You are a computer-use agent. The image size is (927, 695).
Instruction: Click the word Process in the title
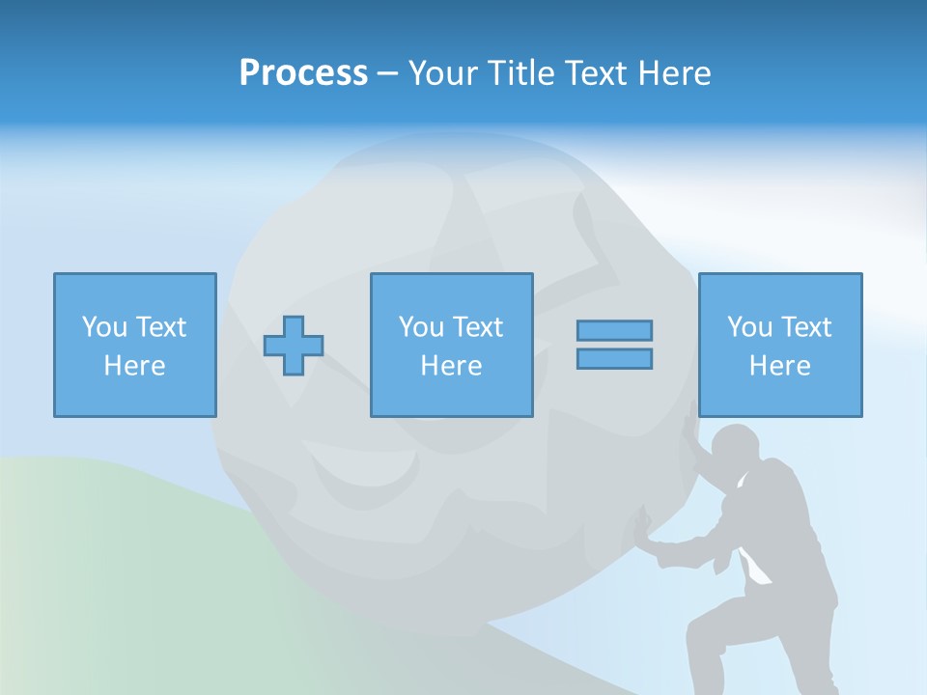click(x=303, y=73)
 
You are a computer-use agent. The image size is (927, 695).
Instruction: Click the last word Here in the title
click(x=676, y=73)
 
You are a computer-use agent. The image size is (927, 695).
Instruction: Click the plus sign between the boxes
click(x=294, y=346)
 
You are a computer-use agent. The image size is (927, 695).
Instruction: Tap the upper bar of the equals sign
click(x=614, y=330)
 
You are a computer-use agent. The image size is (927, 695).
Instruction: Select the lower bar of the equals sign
click(x=614, y=358)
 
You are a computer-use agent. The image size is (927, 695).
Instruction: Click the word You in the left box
click(x=104, y=327)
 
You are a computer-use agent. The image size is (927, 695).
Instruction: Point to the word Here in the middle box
click(x=451, y=366)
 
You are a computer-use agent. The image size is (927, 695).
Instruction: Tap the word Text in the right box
click(x=806, y=327)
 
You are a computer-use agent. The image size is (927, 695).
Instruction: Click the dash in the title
click(x=388, y=73)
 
